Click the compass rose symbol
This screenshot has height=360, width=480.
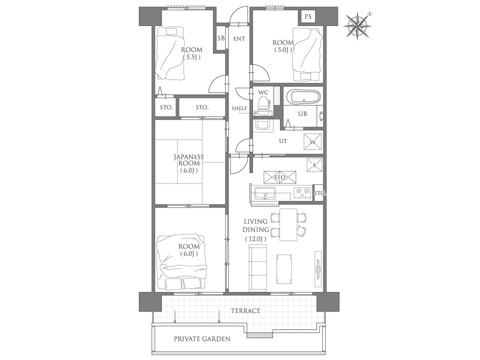(x=357, y=25)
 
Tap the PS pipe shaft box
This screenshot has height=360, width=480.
(x=308, y=16)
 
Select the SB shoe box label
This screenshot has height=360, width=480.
(x=220, y=38)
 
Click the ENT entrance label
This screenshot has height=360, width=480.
(x=239, y=39)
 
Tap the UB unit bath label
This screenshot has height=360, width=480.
(x=302, y=113)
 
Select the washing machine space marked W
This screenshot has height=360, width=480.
(x=312, y=141)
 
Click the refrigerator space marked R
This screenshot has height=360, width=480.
(x=314, y=165)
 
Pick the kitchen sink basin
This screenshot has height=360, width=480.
(x=265, y=193)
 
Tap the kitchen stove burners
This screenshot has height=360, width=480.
(x=303, y=193)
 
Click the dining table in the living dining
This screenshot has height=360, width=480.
(x=288, y=225)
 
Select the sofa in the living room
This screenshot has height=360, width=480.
(x=258, y=269)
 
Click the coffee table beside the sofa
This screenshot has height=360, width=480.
(x=284, y=269)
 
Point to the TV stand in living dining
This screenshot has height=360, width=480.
(x=318, y=269)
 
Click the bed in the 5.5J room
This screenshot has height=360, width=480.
(x=170, y=53)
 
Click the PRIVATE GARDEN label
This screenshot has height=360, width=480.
(x=202, y=339)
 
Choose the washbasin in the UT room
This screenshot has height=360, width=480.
(x=263, y=125)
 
